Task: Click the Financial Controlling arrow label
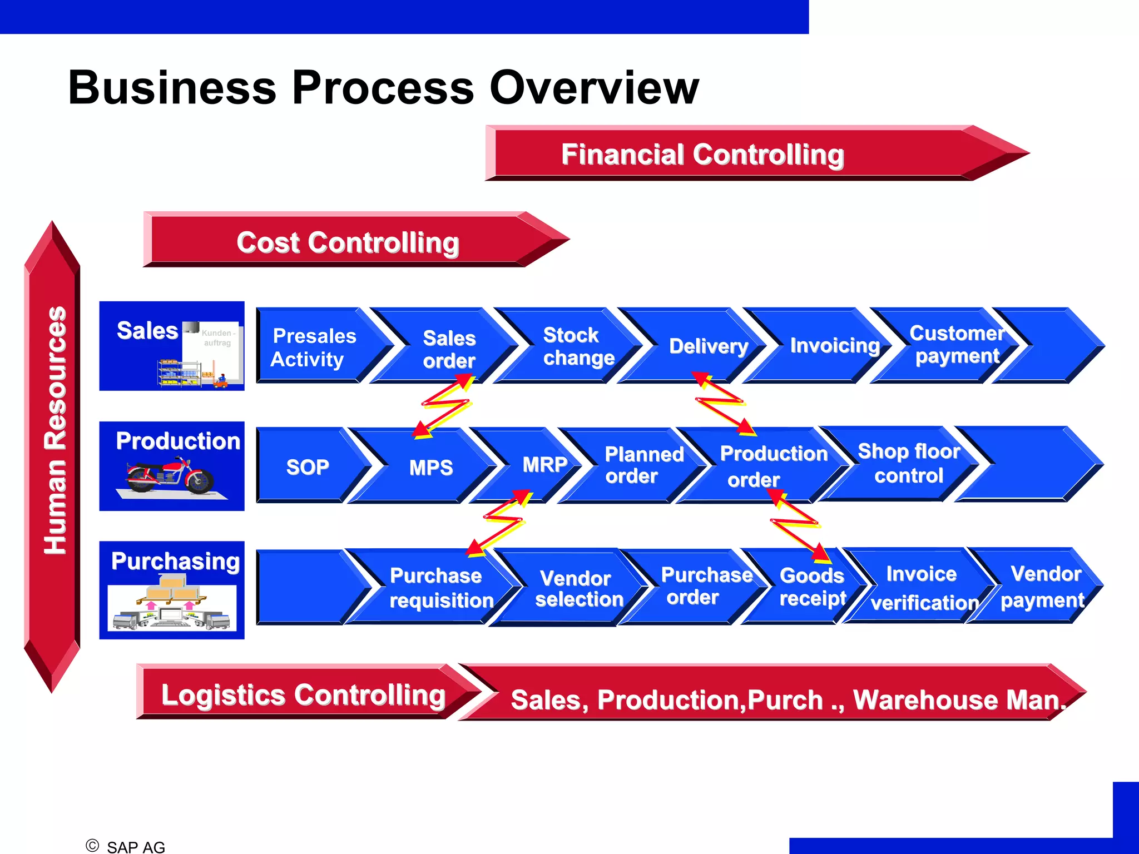[702, 155]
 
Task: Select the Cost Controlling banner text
[348, 242]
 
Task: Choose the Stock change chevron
[578, 346]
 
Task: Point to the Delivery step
[708, 346]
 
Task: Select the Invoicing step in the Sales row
[834, 346]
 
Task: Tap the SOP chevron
[308, 467]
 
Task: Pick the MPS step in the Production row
[431, 468]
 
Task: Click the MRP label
[544, 465]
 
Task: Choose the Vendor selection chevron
[578, 589]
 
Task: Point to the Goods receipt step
[812, 587]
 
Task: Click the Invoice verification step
[923, 588]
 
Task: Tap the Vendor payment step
[1043, 587]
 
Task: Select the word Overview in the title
[593, 87]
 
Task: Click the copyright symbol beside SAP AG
[92, 846]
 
